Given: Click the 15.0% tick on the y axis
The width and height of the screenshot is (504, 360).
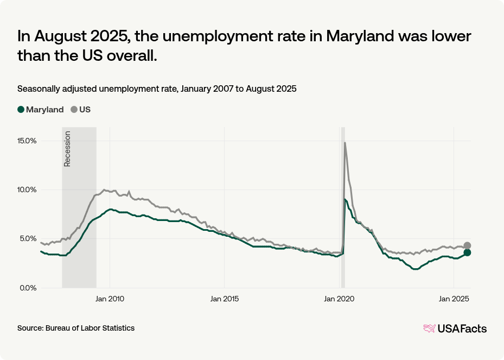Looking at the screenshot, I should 26,141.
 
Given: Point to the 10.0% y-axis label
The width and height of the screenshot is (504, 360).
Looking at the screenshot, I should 26,190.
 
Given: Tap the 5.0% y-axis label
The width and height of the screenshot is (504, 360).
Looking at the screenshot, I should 27,238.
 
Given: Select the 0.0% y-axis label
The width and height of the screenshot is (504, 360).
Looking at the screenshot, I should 27,288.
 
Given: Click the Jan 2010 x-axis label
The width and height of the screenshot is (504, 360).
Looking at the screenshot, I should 110,299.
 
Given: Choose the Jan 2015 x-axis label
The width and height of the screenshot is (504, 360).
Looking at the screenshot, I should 224,299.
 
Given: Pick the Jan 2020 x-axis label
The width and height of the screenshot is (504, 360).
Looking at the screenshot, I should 339,299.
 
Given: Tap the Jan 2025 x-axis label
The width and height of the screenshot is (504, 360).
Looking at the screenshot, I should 453,299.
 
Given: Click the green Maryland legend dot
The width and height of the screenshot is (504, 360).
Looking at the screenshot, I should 21,109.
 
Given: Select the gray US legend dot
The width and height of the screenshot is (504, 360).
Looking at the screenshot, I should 74,109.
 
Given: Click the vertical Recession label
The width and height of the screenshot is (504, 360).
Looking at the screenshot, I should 67,149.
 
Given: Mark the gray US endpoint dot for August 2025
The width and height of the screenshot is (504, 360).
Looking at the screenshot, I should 467,245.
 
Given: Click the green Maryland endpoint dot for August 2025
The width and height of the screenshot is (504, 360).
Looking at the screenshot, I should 467,252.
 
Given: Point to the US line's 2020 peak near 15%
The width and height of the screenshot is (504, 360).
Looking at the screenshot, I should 344,143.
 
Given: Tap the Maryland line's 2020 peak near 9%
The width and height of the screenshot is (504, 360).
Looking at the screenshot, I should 344,199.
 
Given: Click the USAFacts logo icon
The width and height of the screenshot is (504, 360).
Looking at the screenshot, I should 430,329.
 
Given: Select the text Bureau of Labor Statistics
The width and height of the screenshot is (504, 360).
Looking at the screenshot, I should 90,328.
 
